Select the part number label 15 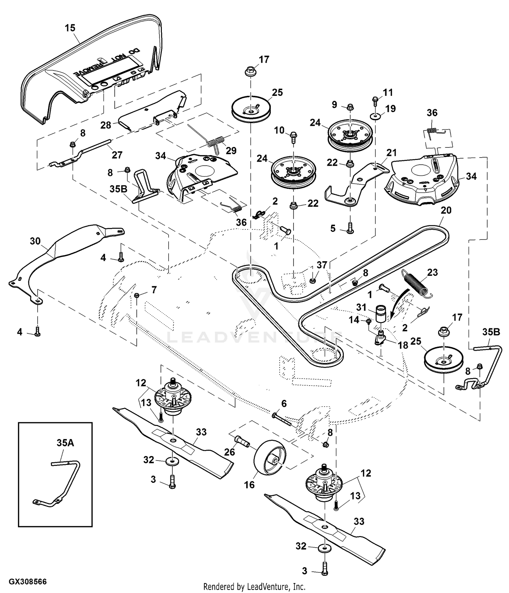point(70,28)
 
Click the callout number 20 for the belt point(446,210)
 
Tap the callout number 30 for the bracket point(35,241)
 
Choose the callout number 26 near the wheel point(230,452)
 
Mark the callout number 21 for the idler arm point(392,153)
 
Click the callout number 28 point(106,125)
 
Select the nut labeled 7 point(137,295)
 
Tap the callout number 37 point(322,265)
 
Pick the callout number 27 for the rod point(117,155)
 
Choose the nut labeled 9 point(350,107)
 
